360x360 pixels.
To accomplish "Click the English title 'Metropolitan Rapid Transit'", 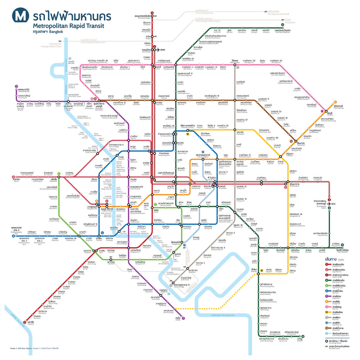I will pyautogui.click(x=68, y=26).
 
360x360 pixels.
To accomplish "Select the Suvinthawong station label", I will pyautogui.click(x=338, y=107).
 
